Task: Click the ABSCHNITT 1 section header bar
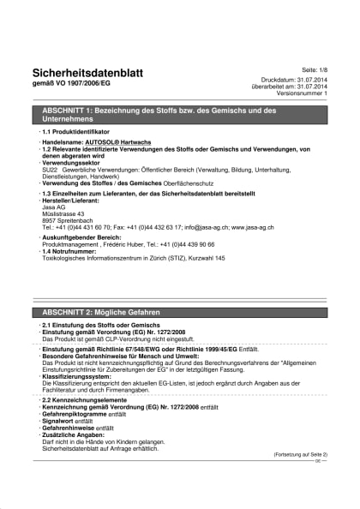[180, 115]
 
